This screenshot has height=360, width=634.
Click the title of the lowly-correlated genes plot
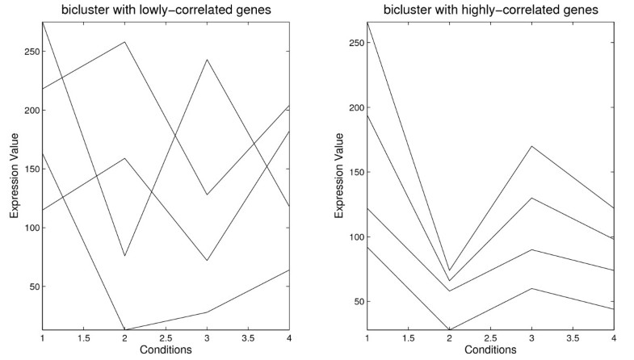click(x=166, y=9)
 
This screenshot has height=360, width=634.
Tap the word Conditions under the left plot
click(x=166, y=350)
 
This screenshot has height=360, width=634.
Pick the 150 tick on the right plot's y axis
click(x=358, y=173)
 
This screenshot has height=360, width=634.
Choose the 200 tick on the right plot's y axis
click(x=358, y=108)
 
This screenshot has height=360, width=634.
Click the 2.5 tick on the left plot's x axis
click(x=166, y=338)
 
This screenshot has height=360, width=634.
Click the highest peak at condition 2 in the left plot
click(x=124, y=42)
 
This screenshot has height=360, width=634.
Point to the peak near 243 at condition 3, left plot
click(x=207, y=60)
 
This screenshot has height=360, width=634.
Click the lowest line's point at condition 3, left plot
click(x=207, y=312)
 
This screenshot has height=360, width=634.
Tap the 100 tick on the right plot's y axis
click(x=358, y=237)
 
